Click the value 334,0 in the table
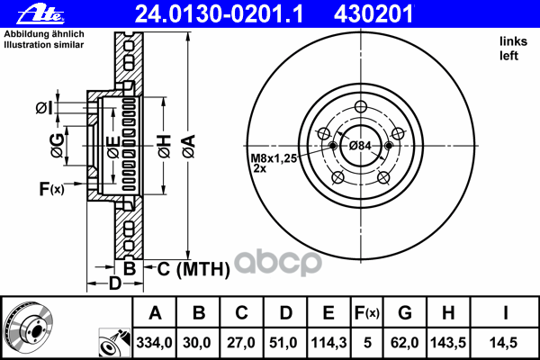point(154,343)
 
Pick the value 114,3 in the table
point(328,343)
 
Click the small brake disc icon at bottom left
point(27,327)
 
